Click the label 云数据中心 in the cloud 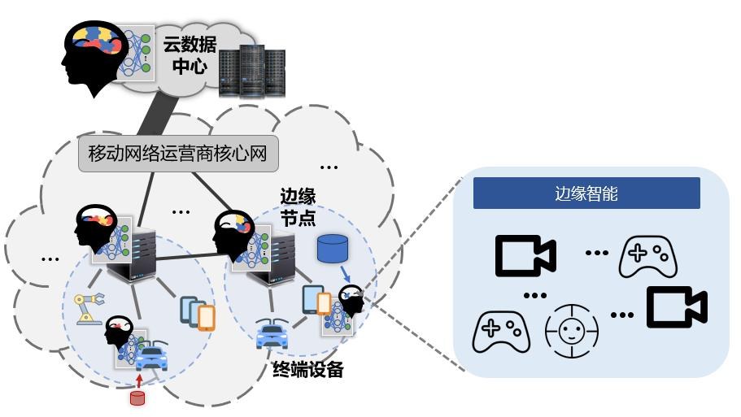(190, 55)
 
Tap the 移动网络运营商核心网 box (177, 152)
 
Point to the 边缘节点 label (298, 208)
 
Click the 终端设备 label (307, 370)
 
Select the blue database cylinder (331, 249)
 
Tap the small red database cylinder (137, 397)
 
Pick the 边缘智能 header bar (586, 193)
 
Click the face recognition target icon (572, 332)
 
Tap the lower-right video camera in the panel (676, 306)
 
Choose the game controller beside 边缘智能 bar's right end (648, 256)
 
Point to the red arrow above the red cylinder (138, 380)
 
